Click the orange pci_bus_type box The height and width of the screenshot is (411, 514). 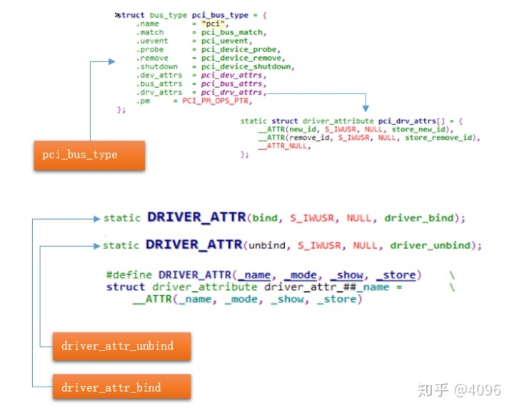coord(89,155)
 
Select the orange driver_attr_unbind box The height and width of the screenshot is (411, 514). coord(116,346)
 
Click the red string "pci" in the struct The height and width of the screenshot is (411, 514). coord(214,24)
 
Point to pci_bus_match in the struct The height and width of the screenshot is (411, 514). coord(233,32)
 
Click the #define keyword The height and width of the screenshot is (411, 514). coord(129,275)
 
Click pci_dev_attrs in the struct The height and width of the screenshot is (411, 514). coord(233,75)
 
